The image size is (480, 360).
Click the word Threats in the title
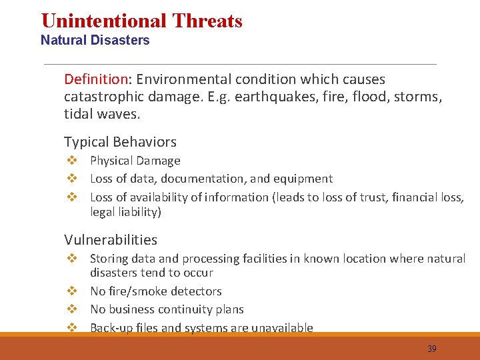[207, 21]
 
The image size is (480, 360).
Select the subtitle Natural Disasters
[95, 40]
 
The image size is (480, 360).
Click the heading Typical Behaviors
[120, 142]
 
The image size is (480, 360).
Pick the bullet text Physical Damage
[135, 161]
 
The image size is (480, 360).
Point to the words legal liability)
[125, 212]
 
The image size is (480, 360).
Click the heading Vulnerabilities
[111, 240]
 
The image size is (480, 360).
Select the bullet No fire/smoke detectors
[155, 291]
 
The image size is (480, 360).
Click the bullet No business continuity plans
[167, 309]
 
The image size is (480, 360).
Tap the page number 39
[431, 349]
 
